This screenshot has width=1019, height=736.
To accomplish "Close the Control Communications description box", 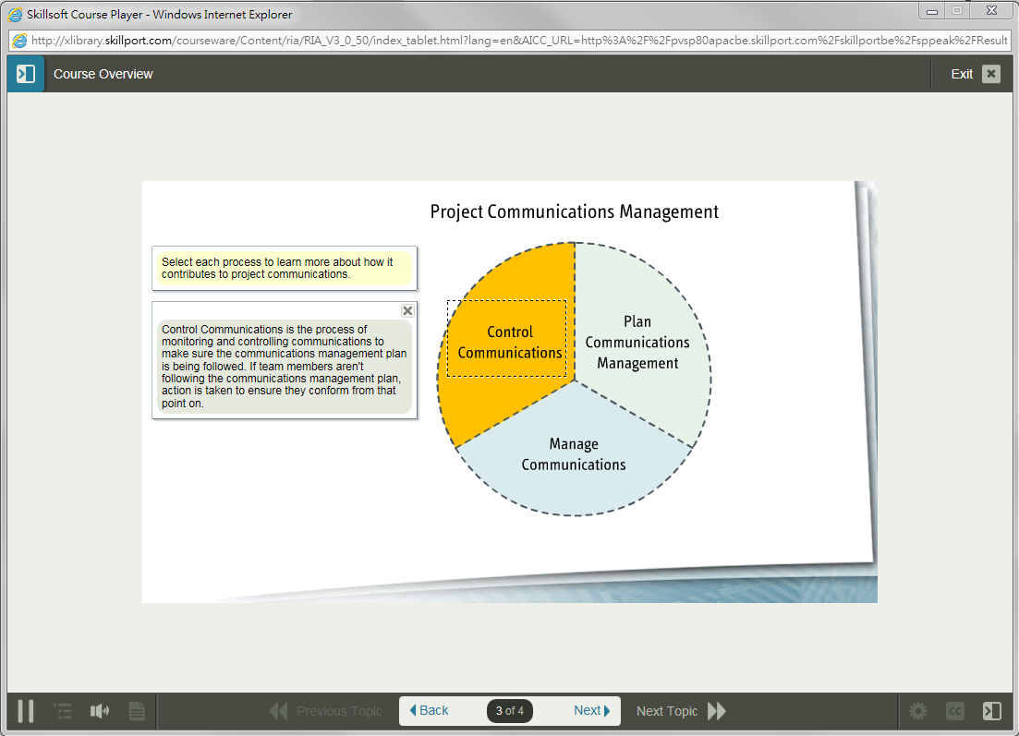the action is (407, 310).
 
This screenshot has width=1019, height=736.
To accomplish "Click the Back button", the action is (429, 711).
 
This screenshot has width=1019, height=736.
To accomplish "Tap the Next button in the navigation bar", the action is (591, 711).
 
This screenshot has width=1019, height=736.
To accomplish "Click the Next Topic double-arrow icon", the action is (716, 711).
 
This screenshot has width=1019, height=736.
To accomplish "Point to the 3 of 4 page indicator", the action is (510, 711).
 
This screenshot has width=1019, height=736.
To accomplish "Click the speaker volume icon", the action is (100, 711).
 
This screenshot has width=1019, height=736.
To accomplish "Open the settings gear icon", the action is (917, 711).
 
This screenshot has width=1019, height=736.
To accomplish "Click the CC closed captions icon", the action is (954, 711).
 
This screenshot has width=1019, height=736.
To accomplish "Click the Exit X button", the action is (991, 74).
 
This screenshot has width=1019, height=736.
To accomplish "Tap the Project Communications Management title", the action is (575, 211).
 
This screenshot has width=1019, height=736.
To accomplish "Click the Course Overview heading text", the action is (103, 74).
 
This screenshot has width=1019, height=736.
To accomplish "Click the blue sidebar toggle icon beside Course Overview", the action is (26, 73).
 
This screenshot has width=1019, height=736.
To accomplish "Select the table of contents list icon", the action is (63, 711).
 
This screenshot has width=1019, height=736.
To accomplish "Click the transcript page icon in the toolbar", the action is (137, 711).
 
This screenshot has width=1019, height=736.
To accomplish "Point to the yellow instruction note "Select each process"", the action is (285, 269).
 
